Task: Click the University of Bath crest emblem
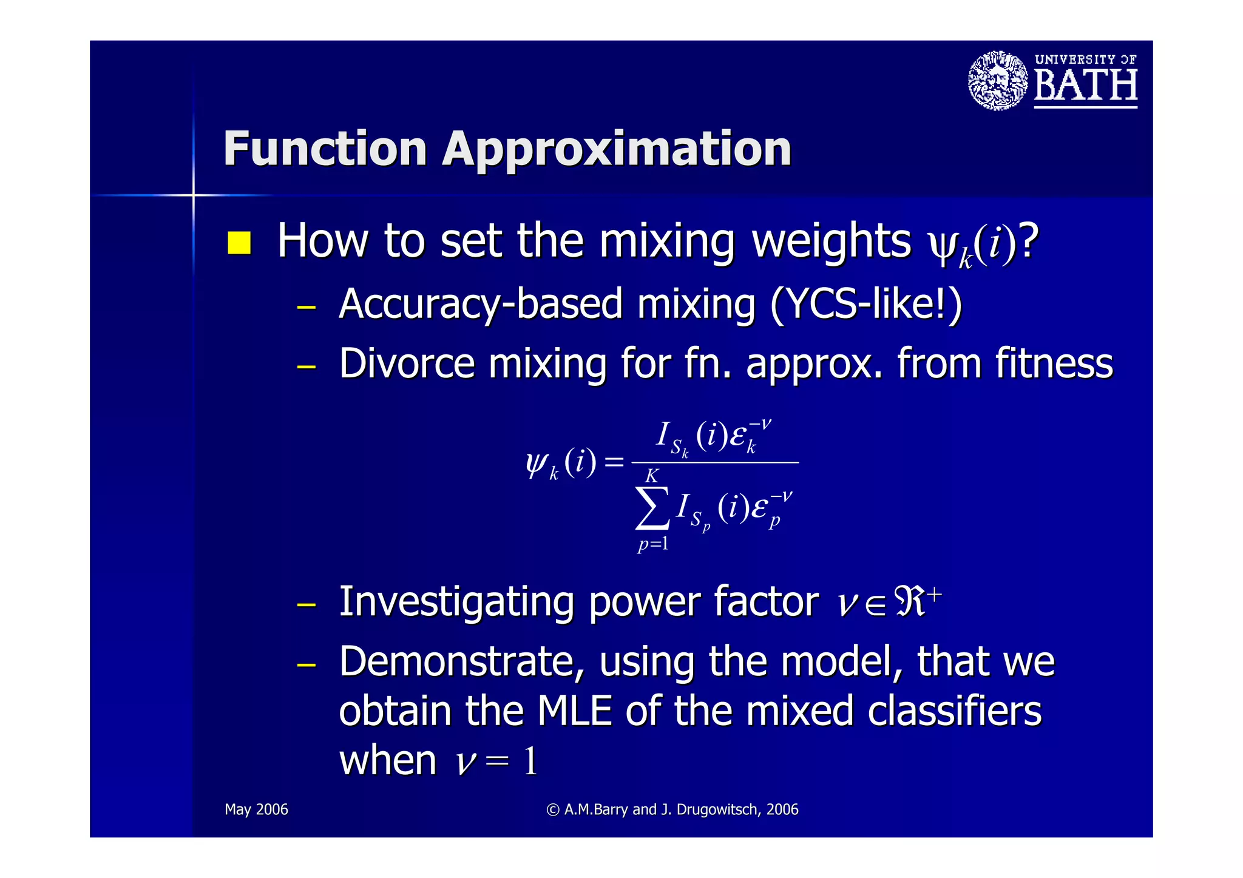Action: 997,81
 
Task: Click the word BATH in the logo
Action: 1085,86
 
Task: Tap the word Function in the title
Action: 325,149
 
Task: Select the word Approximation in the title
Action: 617,150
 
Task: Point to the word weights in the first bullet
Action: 831,241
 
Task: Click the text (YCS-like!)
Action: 865,303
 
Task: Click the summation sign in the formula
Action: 652,508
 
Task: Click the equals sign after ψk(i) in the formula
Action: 614,462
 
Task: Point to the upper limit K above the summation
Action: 651,476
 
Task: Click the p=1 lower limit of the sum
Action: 652,543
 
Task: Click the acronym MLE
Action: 574,711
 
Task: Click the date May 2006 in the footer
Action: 256,809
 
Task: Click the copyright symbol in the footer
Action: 552,810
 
